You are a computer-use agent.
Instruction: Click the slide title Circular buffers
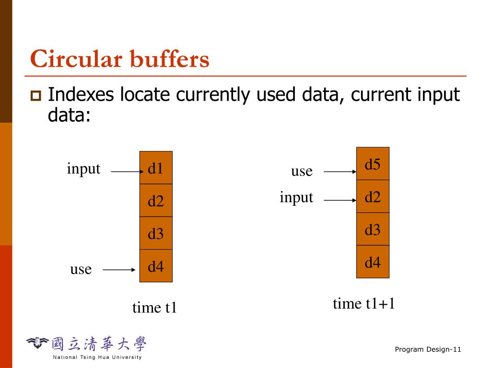click(119, 60)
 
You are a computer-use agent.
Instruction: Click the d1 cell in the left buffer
click(156, 168)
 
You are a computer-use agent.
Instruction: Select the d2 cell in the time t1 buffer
click(156, 200)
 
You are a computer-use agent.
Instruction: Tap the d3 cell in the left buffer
click(156, 233)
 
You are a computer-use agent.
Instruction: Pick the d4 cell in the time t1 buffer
click(156, 266)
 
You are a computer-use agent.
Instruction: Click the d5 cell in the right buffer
click(373, 164)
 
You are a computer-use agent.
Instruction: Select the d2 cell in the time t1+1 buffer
click(373, 196)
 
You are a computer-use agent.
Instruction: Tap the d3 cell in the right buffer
click(373, 229)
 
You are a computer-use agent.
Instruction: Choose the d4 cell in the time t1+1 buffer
click(373, 262)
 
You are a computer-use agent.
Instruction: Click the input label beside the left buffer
click(83, 169)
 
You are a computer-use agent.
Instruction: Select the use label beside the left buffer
click(81, 269)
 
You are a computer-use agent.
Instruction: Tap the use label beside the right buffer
click(302, 171)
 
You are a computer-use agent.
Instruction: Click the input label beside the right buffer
click(296, 197)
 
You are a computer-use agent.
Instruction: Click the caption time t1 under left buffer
click(154, 307)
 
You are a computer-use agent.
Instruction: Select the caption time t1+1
click(364, 303)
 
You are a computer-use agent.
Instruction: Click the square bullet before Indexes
click(35, 96)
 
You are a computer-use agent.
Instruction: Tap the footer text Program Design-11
click(428, 349)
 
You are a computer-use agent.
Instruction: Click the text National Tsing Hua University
click(97, 357)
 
